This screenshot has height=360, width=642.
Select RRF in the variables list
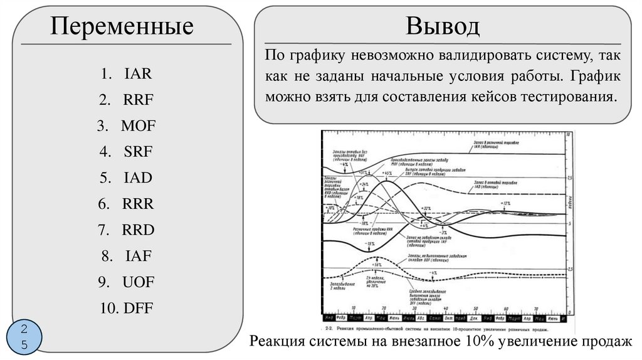coord(138,100)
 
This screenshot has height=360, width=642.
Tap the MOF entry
coord(138,126)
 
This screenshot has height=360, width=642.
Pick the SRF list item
coord(137,152)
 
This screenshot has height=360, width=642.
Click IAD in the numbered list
coord(137,178)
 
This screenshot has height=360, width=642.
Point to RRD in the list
coord(138,230)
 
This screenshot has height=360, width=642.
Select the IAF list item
coord(137,256)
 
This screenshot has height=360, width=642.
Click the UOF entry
coord(138,282)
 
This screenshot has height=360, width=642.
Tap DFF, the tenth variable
coord(138,308)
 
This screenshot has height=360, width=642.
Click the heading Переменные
coord(122,27)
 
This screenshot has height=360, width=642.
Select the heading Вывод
coord(443,26)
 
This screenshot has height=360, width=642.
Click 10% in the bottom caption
coord(479,342)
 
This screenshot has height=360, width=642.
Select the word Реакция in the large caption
coord(278,342)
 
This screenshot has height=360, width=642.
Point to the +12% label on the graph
coord(506,204)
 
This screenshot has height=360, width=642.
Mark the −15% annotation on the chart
coord(371,244)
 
